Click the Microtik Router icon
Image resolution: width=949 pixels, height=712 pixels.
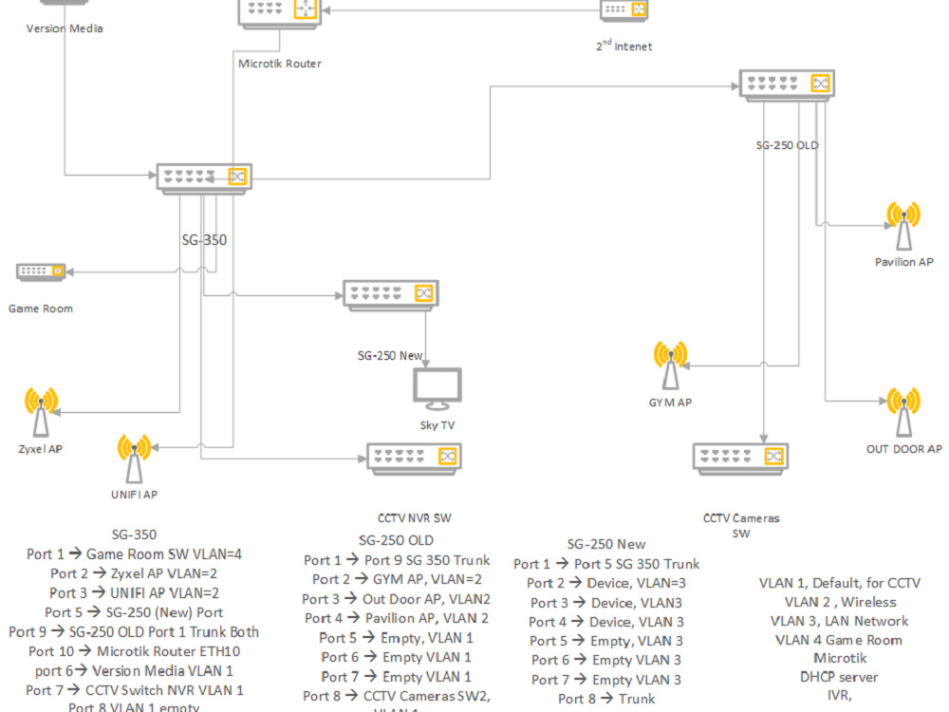click(279, 10)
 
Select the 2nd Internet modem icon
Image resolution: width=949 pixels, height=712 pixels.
click(624, 9)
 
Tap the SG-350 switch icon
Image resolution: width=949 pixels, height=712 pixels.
click(204, 176)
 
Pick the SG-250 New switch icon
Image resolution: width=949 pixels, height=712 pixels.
click(390, 294)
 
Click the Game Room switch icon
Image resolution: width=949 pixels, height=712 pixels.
click(41, 272)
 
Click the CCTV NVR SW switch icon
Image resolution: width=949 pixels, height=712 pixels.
click(414, 458)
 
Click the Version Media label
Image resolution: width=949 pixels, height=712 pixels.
click(65, 28)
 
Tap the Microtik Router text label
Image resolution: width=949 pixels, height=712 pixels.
click(279, 64)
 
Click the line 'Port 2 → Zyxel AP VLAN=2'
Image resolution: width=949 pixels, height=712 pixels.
click(134, 573)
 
